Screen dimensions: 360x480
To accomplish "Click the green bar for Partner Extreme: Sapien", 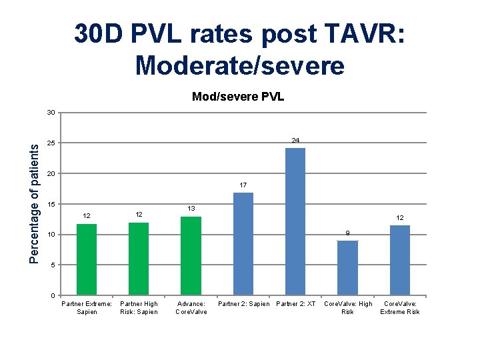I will [87, 260].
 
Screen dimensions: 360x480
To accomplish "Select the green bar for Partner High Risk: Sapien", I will [139, 259].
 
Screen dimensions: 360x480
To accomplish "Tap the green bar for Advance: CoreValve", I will [191, 256].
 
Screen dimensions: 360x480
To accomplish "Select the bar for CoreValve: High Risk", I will [347, 268].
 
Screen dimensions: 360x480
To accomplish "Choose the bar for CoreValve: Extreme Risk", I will [399, 261].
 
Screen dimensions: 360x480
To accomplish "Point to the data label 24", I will [295, 140].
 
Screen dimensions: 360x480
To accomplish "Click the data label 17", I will [243, 185].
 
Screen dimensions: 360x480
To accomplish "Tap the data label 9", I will [347, 233].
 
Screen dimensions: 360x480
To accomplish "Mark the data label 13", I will [191, 209].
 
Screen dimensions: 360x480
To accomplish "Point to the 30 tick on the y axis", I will [51, 113].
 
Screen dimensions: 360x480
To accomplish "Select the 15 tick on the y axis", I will [51, 205].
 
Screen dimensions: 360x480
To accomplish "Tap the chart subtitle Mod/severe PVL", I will [238, 97].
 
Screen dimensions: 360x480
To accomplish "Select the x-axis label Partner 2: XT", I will [295, 304].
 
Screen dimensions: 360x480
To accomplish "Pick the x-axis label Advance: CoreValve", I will [191, 308].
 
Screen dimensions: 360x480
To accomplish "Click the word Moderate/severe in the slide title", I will [239, 65].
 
